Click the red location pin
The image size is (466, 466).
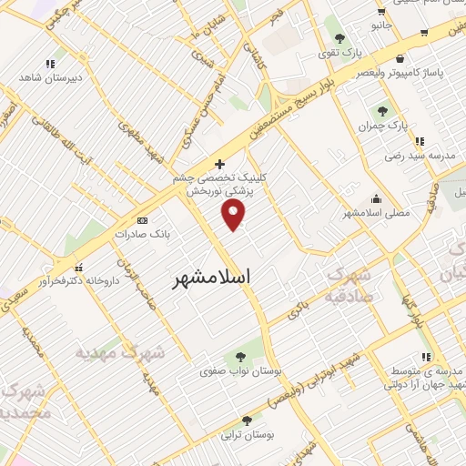tap(234, 214)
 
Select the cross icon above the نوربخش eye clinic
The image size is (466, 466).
tap(220, 165)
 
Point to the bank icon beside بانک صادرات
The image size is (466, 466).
tap(142, 220)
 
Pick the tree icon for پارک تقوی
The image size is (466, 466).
tap(339, 38)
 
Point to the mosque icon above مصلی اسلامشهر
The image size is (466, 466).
tap(376, 199)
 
